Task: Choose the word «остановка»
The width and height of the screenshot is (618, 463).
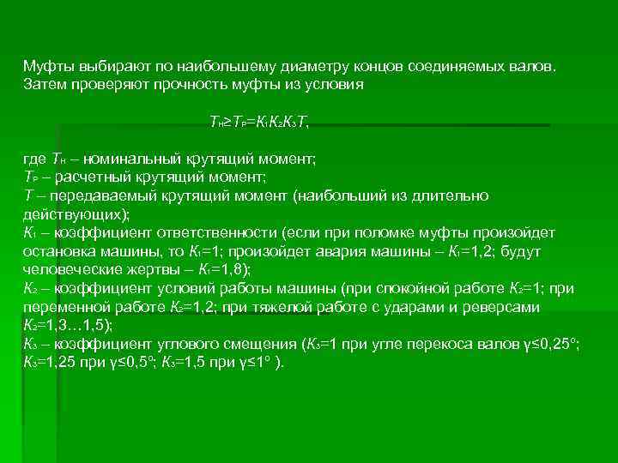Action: click(x=56, y=250)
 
